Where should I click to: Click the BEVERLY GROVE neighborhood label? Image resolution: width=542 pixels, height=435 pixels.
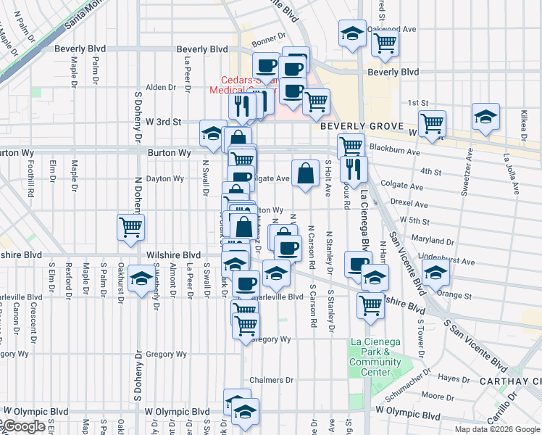[x=357, y=125]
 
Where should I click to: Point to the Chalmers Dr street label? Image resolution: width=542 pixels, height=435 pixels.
[x=270, y=380]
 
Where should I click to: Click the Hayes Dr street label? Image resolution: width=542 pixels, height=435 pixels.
[x=455, y=378]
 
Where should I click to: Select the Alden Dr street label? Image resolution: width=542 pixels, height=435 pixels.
[x=161, y=87]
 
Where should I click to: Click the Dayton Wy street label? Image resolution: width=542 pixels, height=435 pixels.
[x=164, y=178]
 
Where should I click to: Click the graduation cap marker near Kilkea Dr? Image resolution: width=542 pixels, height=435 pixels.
[x=485, y=117]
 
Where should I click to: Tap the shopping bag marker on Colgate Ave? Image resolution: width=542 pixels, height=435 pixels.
[x=306, y=173]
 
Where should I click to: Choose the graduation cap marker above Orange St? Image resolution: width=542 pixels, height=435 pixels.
[x=436, y=273]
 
